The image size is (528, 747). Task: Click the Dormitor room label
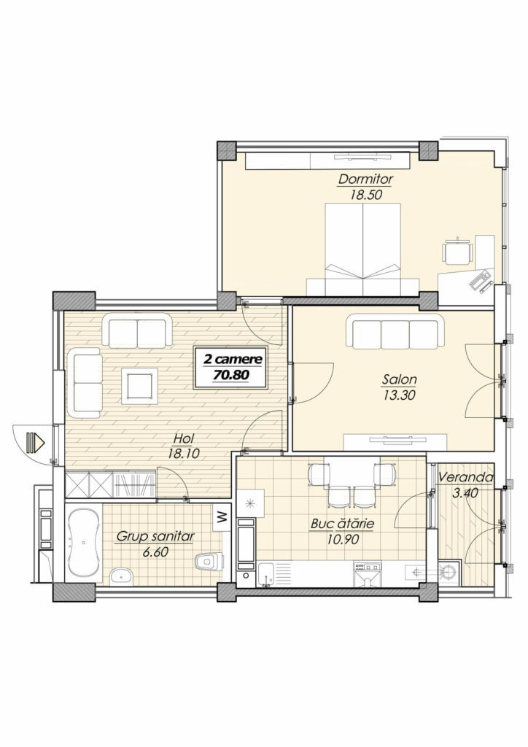coord(365,179)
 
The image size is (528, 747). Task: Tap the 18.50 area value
coord(367,194)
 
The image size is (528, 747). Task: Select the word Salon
coord(400,379)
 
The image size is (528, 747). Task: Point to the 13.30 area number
coord(400,395)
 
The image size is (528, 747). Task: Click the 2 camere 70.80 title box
coord(231,368)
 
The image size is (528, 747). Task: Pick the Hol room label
coord(183,438)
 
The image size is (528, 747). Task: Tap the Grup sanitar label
coord(155,537)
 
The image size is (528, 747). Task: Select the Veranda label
coord(465,477)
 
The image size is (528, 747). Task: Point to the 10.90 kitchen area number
coord(343,539)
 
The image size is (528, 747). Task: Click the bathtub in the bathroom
coord(84,543)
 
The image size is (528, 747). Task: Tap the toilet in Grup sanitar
coord(209,560)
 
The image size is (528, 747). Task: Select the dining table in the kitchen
coord(352,471)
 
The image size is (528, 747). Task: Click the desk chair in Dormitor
coord(457,251)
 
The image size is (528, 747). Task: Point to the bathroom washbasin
coord(123,576)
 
